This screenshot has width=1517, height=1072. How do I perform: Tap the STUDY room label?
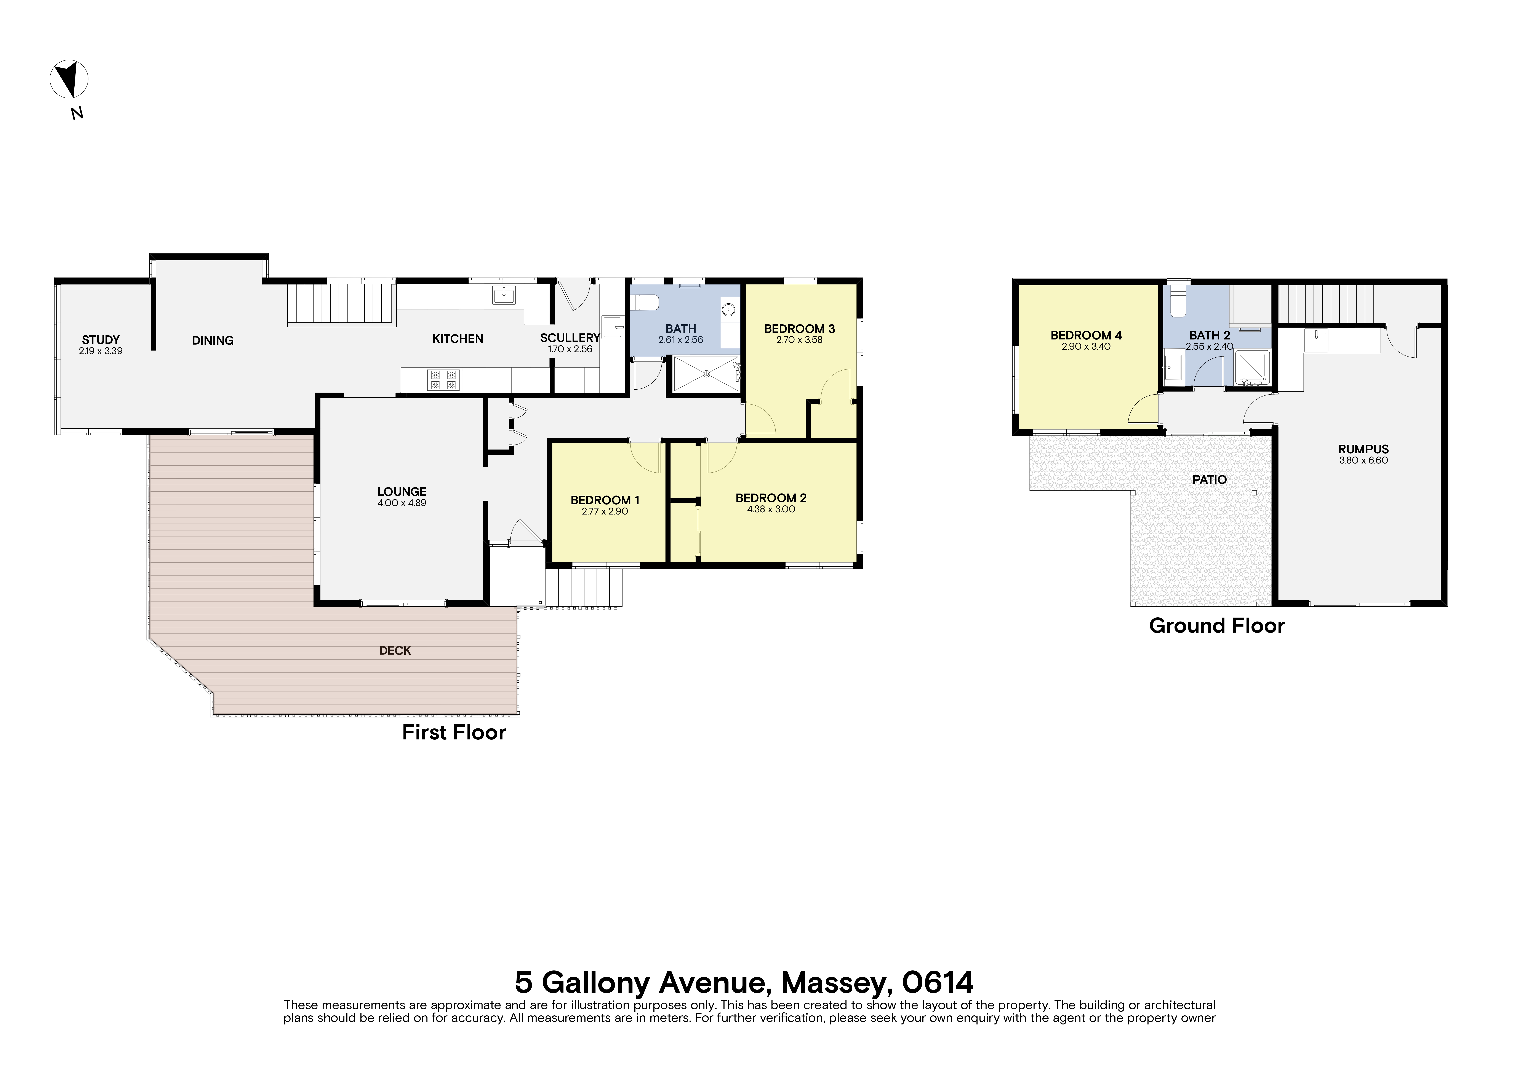100,339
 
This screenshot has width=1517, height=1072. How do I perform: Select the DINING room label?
213,340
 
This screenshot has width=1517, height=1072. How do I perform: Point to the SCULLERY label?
570,338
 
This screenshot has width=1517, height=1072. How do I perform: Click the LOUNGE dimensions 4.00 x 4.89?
402,503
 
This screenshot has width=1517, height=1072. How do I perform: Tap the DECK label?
395,651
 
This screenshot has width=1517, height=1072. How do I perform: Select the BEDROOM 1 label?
605,500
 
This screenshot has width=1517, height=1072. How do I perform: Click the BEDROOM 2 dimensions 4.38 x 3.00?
771,509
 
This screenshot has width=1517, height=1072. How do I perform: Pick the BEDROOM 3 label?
799,328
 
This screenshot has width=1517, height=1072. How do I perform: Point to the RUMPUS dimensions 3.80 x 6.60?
1363,460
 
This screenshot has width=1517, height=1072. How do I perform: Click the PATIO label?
1209,479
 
